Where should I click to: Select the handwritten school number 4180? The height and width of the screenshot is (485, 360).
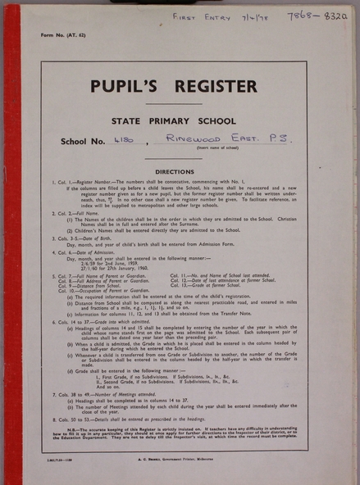[x=124, y=141]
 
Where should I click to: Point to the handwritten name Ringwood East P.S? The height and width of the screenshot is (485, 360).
[x=216, y=140]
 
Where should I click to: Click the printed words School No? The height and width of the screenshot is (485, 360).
[x=81, y=142]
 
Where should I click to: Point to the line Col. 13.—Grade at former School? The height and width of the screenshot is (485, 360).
[x=227, y=286]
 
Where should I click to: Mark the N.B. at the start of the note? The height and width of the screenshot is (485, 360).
[x=72, y=428]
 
